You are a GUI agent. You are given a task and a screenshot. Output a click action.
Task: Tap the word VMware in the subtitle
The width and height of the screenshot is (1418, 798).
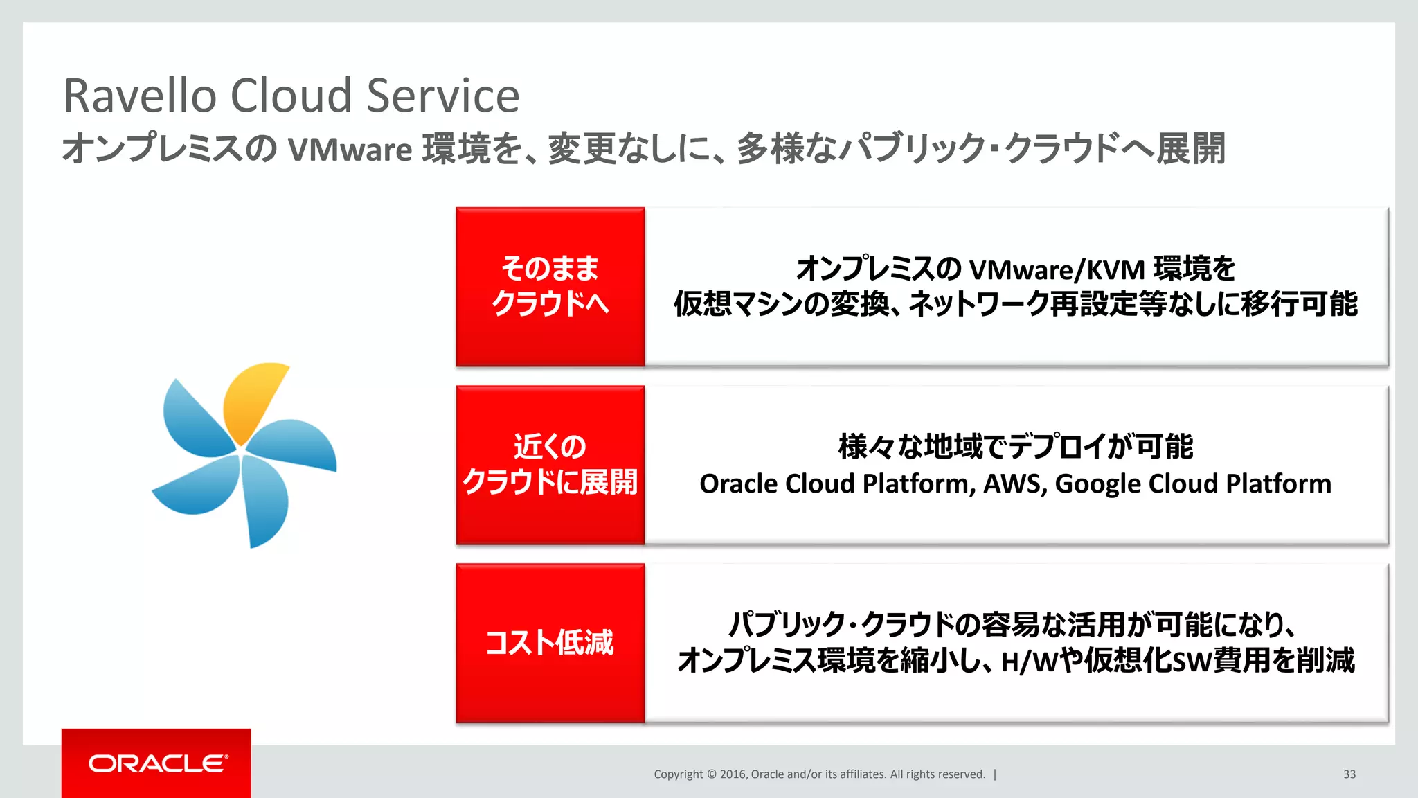350,150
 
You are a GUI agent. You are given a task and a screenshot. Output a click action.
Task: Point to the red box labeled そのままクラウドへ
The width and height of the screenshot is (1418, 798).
550,287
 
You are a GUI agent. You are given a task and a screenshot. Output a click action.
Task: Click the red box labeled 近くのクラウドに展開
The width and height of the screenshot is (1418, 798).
550,465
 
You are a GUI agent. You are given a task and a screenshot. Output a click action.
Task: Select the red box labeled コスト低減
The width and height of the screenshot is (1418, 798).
550,643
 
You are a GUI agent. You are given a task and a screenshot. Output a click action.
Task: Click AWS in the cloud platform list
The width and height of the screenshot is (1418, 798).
1014,484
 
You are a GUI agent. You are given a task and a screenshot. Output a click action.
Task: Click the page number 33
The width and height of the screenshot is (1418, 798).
1349,774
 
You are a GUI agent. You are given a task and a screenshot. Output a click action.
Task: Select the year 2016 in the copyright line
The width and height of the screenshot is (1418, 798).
733,774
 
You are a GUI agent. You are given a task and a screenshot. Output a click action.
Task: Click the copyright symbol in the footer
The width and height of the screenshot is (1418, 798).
711,774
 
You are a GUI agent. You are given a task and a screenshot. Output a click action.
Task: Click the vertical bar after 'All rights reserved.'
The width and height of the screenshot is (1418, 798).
995,774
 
